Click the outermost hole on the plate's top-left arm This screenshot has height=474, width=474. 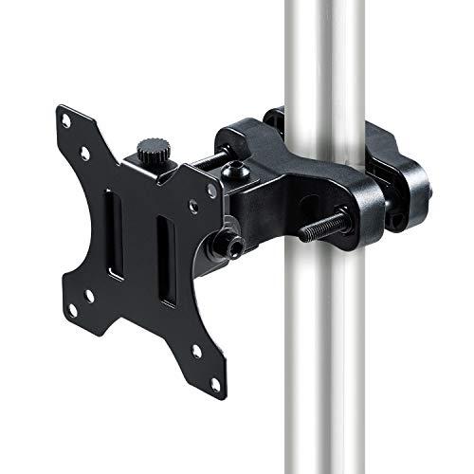click(64, 120)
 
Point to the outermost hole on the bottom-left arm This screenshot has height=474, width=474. click(71, 309)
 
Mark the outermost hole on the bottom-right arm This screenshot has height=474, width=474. click(215, 384)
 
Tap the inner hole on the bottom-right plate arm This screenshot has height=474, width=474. click(196, 351)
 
